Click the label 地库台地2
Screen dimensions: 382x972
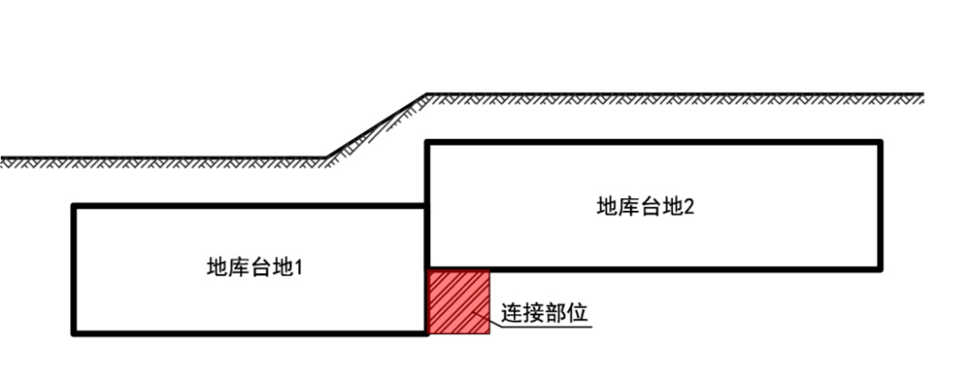tap(645, 206)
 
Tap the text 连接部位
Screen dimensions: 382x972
tap(544, 314)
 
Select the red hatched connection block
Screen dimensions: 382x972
tap(459, 301)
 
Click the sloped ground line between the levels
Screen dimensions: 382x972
tap(376, 125)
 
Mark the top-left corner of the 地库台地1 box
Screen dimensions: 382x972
tap(74, 206)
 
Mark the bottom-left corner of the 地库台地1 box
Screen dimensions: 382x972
tap(74, 333)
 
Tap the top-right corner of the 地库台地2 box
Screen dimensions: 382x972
tap(880, 141)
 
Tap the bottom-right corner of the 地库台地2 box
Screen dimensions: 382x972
tap(880, 268)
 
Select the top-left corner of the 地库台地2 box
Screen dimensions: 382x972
tap(427, 141)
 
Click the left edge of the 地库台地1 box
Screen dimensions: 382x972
tap(74, 270)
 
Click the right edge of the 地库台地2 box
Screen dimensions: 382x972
tap(880, 205)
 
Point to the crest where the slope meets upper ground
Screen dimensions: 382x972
tap(426, 94)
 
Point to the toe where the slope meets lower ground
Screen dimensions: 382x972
tap(326, 159)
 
